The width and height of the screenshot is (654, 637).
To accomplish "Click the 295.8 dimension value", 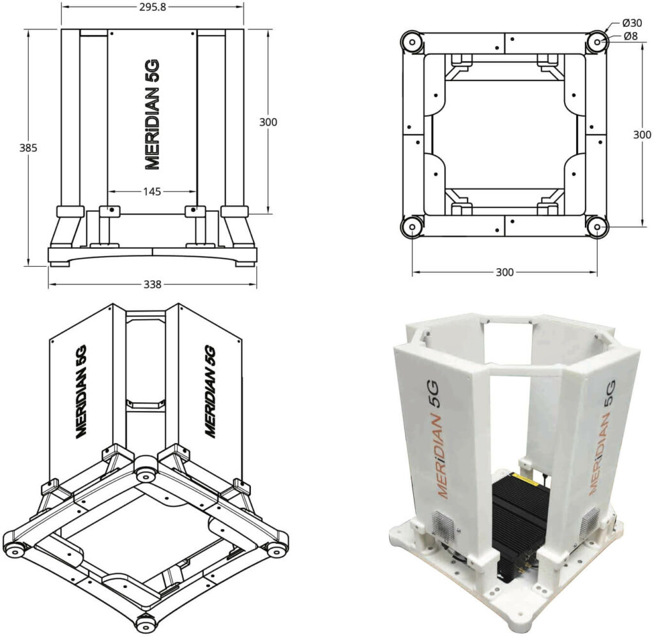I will (x=153, y=8).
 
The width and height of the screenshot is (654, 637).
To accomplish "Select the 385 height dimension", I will (x=28, y=147).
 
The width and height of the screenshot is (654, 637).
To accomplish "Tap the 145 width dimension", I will (x=152, y=191).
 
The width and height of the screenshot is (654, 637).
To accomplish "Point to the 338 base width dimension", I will (x=152, y=284).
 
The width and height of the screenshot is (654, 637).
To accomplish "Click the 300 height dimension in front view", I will (x=268, y=122).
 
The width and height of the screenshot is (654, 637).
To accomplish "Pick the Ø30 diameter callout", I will (x=632, y=24).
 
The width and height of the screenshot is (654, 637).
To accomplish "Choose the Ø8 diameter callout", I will (x=632, y=36).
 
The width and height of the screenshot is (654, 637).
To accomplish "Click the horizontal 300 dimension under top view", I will (x=505, y=273).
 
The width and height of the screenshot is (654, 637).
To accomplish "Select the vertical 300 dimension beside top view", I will (x=642, y=135).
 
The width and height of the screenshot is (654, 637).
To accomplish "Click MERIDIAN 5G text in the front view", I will (x=152, y=115).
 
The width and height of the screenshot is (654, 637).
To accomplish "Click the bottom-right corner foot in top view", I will (x=597, y=226).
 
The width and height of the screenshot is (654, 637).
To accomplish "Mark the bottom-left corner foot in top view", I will (x=411, y=226).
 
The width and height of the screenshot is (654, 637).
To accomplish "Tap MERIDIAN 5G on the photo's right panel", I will (x=601, y=437).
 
